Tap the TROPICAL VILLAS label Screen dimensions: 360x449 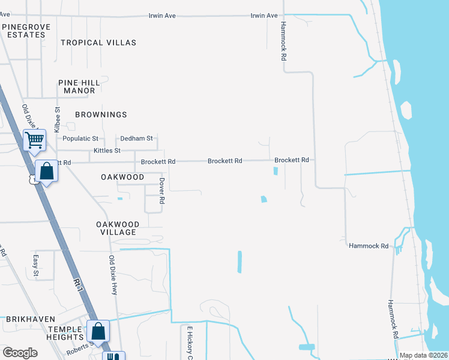coord(98,43)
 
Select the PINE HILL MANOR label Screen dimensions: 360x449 coord(77,86)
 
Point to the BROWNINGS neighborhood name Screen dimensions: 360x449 coord(101,114)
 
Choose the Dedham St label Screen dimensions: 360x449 coord(137,139)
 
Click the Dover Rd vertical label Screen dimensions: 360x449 coord(161,191)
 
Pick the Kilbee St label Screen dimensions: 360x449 coord(58,119)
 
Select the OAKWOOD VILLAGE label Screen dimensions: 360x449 coord(118,228)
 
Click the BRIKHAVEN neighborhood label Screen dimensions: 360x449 coord(30,319)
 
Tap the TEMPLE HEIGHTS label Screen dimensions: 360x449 coord(65,334)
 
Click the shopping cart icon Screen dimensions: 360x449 coord(35,140)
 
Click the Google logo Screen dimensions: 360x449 coord(20,353)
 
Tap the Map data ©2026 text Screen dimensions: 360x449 coord(424,355)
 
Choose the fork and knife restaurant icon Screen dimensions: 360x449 coord(112,356)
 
